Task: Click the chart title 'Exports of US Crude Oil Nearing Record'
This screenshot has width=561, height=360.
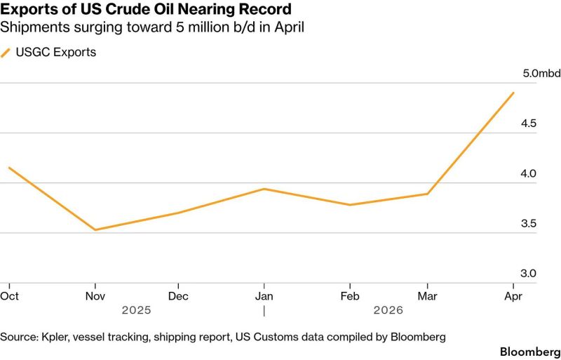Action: pyautogui.click(x=146, y=11)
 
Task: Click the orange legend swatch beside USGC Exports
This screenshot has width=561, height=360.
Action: pyautogui.click(x=6, y=52)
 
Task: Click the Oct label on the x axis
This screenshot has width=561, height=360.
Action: pyautogui.click(x=9, y=296)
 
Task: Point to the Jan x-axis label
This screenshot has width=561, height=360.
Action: pyautogui.click(x=264, y=296)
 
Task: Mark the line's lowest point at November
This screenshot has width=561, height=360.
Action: pyautogui.click(x=95, y=229)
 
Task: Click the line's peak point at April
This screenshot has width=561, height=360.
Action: pyautogui.click(x=514, y=93)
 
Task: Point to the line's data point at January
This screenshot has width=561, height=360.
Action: pyautogui.click(x=264, y=189)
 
